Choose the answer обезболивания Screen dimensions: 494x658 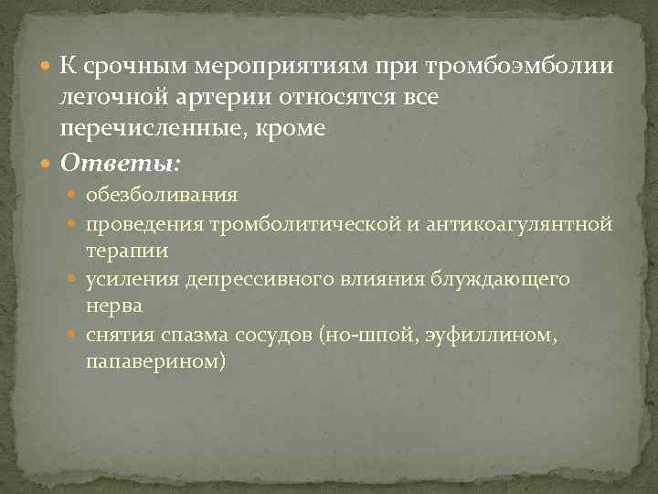(x=162, y=194)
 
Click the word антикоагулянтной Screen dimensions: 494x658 (x=523, y=224)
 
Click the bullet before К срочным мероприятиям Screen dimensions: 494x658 (x=48, y=67)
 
